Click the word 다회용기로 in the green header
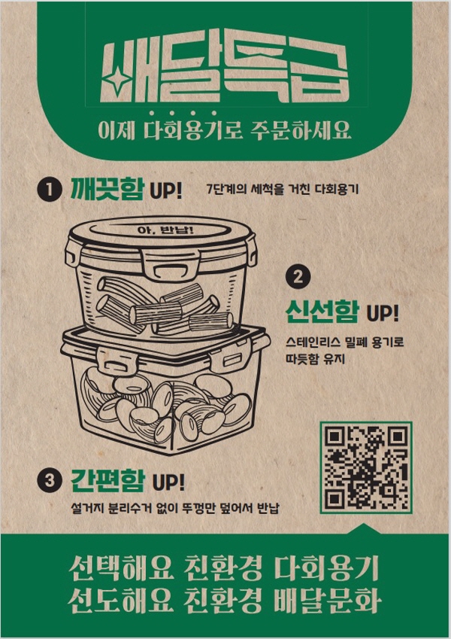coord(192,130)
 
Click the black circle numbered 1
coord(50,190)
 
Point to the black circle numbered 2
coord(298,277)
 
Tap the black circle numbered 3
coord(50,480)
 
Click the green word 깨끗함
coord(107,188)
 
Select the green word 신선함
coord(322,312)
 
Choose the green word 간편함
coord(108,480)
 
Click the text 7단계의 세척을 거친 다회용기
coord(283,190)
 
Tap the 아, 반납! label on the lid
coord(165,230)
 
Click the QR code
coord(366,467)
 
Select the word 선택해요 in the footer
coord(121,567)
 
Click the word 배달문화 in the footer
coord(327,601)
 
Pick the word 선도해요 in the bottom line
coord(121,601)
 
